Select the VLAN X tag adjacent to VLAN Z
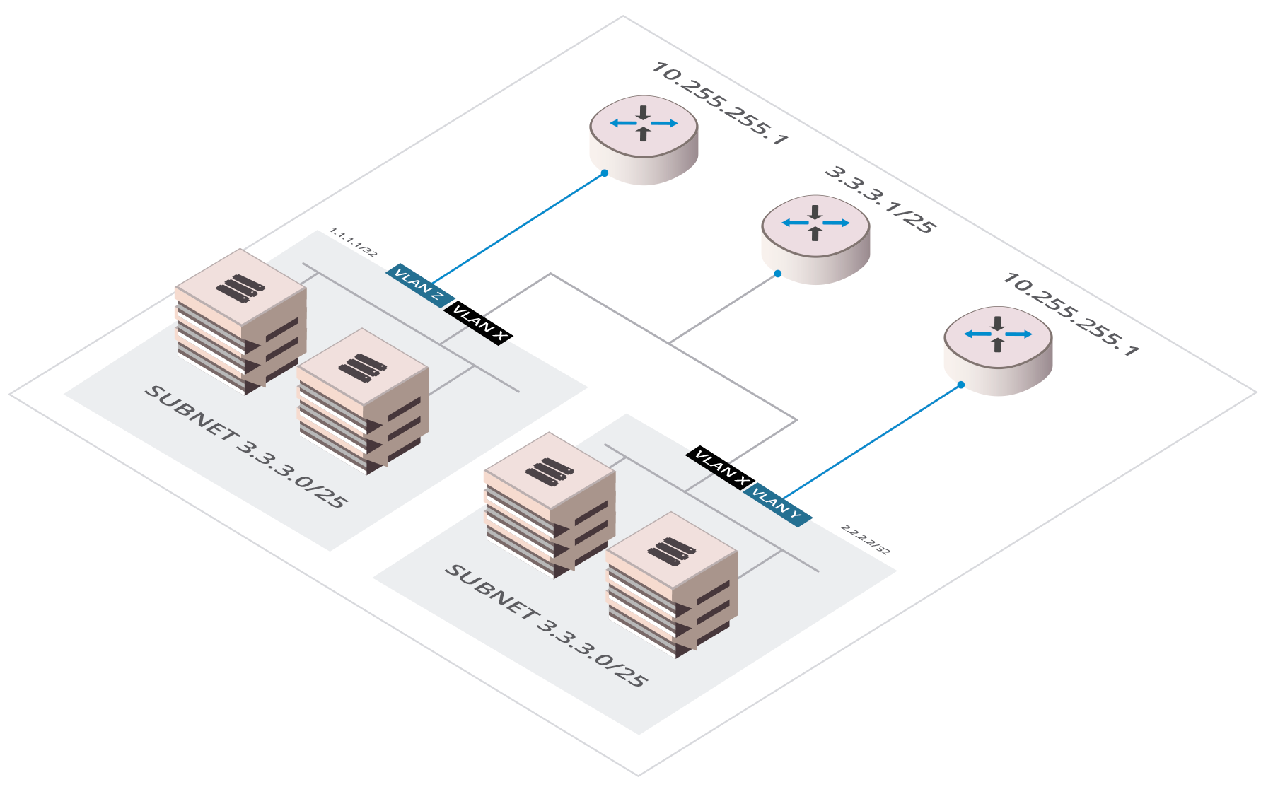[x=479, y=322]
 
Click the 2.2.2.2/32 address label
[x=865, y=539]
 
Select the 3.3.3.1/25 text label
[x=880, y=199]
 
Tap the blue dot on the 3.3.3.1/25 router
[x=777, y=274]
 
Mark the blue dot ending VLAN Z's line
[x=605, y=173]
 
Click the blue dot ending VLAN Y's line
[x=961, y=385]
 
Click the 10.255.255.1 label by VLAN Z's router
[x=719, y=103]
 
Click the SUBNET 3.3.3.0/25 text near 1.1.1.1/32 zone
[x=245, y=447]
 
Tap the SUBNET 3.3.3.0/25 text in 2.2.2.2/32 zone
[x=545, y=626]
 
